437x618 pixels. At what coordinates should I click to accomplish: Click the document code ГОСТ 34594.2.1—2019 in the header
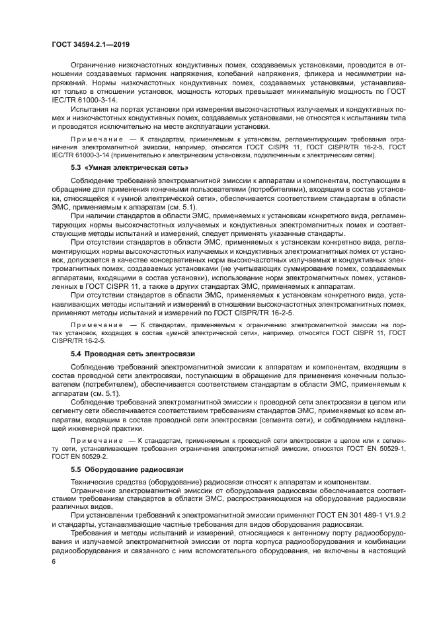tap(90, 44)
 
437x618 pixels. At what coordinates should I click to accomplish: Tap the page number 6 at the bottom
tap(54, 561)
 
